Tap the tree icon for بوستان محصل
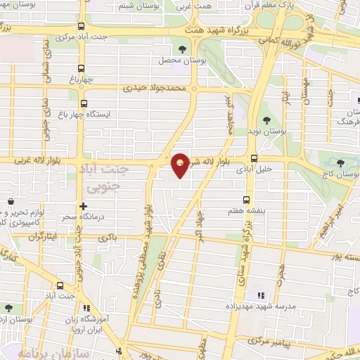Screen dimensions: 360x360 [184, 49]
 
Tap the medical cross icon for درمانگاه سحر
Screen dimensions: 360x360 [84, 207]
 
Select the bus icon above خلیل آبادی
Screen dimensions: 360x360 [253, 158]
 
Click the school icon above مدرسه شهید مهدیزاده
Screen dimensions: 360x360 [260, 295]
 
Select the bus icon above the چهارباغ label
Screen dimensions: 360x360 [82, 68]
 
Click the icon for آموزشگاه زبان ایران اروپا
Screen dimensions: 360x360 [87, 307]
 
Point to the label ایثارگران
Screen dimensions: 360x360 [42, 236]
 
